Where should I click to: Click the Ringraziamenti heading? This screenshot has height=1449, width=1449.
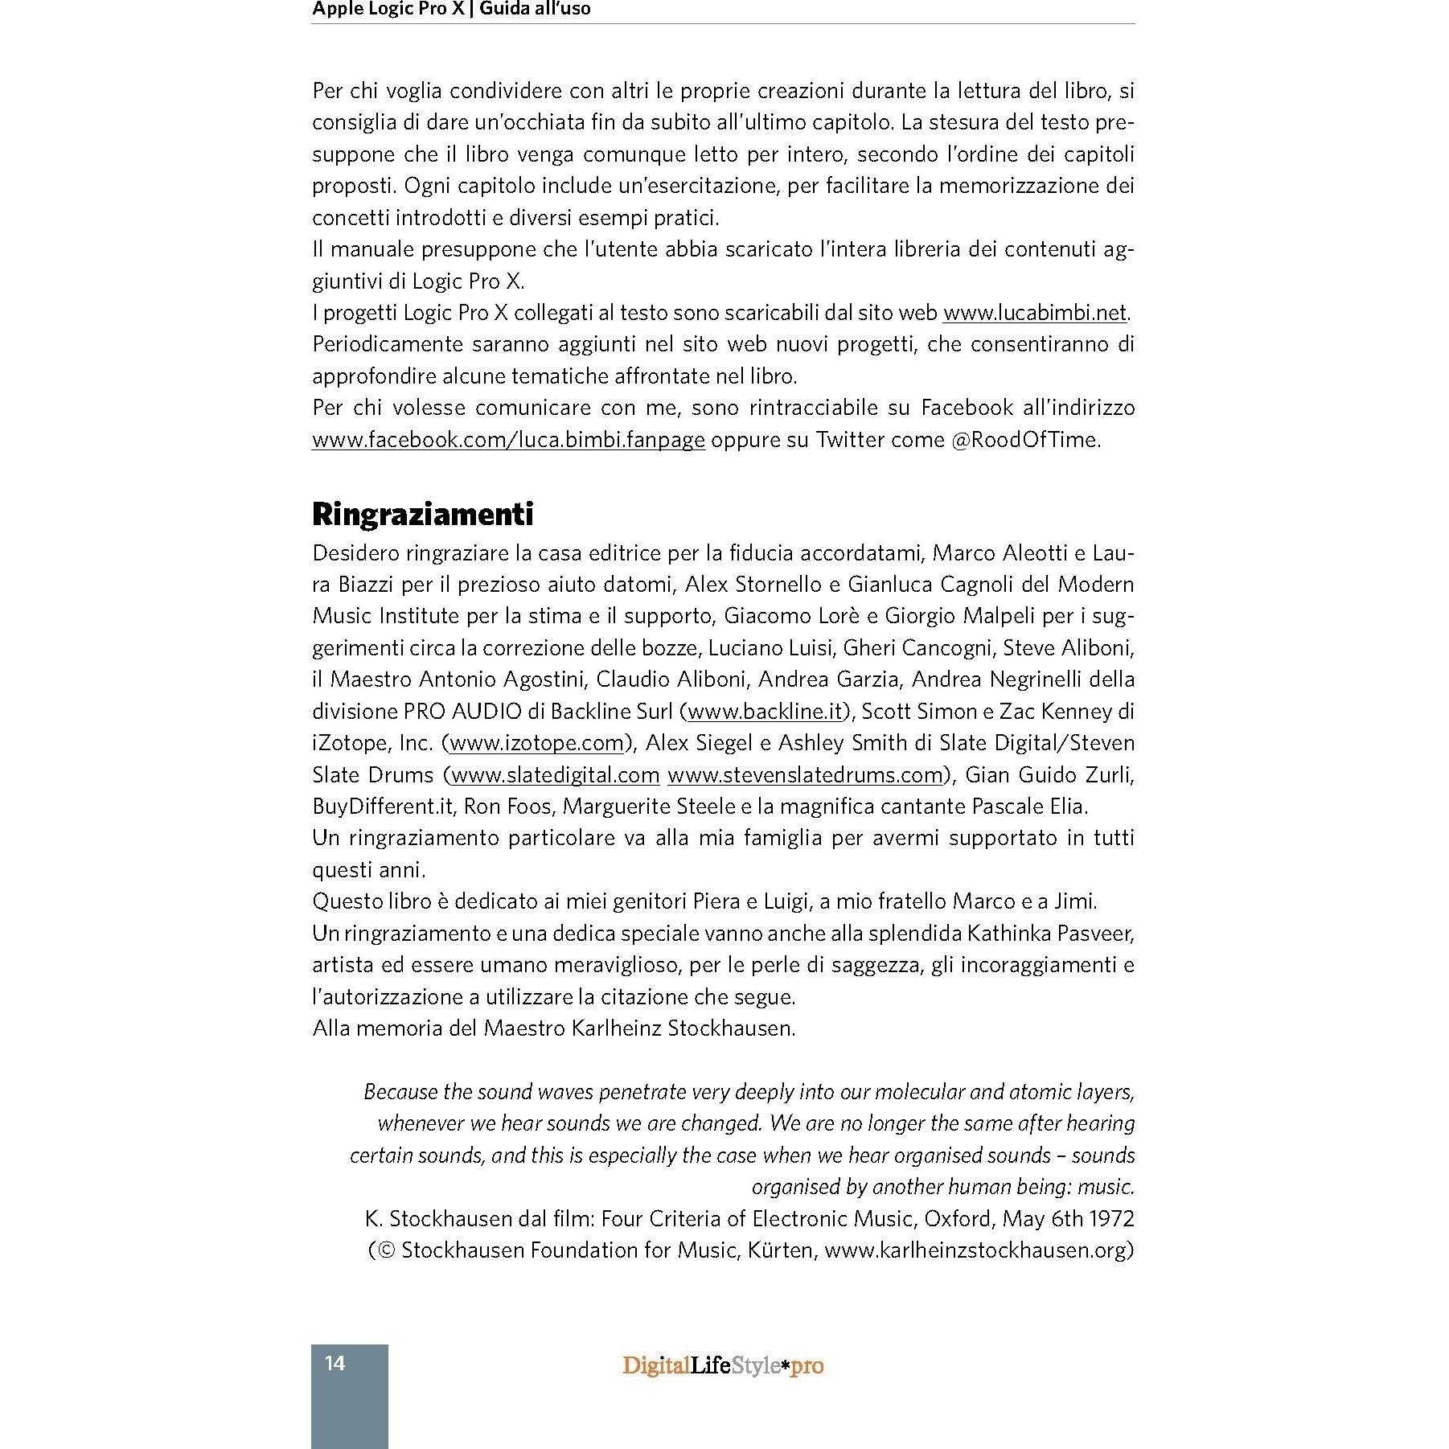422,514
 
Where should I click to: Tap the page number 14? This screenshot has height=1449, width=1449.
335,1362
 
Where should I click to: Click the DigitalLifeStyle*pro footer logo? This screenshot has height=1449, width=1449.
723,1365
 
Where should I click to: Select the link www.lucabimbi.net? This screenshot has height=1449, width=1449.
1035,312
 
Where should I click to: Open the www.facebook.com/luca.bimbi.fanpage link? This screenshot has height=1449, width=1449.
508,439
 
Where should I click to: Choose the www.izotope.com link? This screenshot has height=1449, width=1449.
536,742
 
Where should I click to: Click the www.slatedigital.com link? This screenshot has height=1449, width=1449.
556,774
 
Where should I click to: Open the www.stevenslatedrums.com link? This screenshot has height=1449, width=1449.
805,774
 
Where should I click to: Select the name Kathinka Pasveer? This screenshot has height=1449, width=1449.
1050,933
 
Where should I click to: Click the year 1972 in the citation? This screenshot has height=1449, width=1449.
1111,1218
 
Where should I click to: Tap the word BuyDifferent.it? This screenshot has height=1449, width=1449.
383,806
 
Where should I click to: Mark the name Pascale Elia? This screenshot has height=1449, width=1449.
1029,806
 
